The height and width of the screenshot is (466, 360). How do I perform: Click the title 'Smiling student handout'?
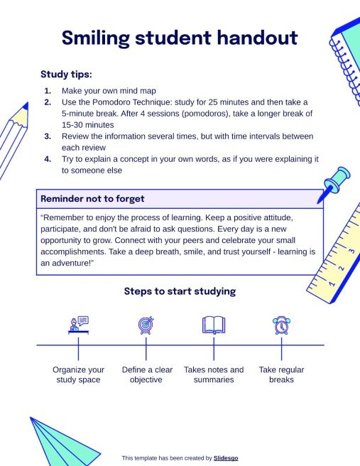(x=179, y=38)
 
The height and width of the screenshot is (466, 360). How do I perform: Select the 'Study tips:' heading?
(x=66, y=74)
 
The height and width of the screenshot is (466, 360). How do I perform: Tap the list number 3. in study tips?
(x=48, y=136)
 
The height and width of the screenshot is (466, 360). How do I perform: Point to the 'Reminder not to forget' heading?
(x=92, y=198)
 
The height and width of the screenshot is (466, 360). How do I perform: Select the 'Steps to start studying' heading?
(x=180, y=291)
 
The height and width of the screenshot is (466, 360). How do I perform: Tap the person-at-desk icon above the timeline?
(x=78, y=325)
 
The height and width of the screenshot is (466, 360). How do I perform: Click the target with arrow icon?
(x=146, y=325)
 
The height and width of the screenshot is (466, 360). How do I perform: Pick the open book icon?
(x=214, y=325)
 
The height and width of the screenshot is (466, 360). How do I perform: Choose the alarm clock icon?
(x=281, y=325)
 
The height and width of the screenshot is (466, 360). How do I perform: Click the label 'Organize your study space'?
(x=78, y=374)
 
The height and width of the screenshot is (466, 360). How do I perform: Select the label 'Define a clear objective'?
(x=147, y=374)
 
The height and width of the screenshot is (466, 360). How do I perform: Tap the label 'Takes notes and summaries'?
(x=214, y=374)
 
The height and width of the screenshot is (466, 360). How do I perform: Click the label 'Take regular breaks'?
(x=281, y=374)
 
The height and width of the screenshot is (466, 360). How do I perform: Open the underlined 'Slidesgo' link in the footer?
(x=226, y=458)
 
